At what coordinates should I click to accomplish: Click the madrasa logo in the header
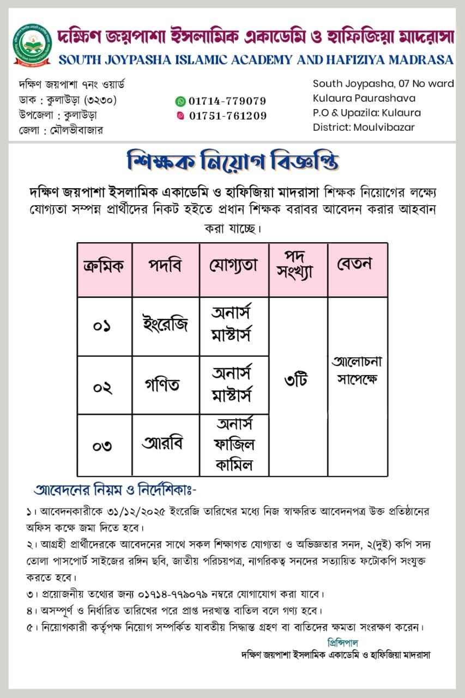[32, 45]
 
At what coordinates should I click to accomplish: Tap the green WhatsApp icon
[180, 101]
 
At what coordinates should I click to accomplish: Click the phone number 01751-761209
[228, 116]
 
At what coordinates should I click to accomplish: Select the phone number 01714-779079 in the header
[227, 101]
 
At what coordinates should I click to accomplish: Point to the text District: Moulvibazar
[364, 127]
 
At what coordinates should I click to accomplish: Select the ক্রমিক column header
[104, 266]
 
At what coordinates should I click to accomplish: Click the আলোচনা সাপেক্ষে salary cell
[357, 370]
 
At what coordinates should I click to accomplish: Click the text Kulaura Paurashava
[364, 98]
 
